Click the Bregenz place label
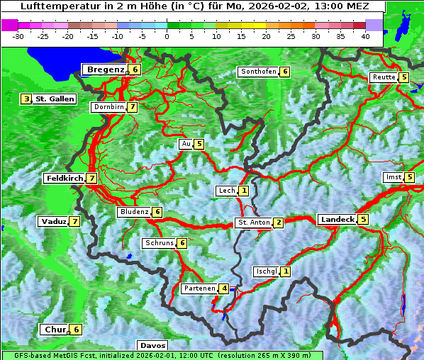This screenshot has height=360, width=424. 106,69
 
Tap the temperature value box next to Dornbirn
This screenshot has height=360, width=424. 133,107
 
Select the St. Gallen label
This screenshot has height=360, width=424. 55,99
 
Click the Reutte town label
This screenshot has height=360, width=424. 384,77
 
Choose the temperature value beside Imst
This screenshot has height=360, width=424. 410,177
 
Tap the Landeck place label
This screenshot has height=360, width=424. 337,220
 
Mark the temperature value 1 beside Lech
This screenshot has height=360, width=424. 244,191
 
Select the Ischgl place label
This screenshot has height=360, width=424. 266,271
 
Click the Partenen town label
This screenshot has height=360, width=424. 199,288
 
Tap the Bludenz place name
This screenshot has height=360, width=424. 134,212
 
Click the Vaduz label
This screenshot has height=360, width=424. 54,222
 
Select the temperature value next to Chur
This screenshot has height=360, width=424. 76,330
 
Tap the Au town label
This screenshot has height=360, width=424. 186,144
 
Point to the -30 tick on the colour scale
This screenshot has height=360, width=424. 18,36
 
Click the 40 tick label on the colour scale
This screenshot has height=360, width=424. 365,36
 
